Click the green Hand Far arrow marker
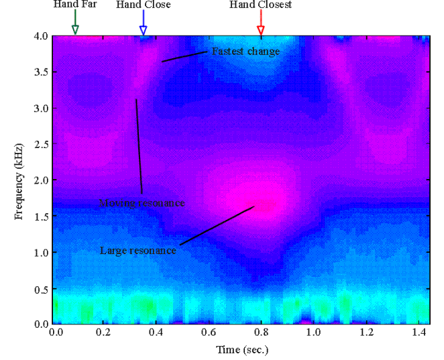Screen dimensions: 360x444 tap(75, 25)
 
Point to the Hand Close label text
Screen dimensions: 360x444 tap(143, 5)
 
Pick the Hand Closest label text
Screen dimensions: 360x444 tap(260, 5)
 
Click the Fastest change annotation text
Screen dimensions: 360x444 tap(245, 51)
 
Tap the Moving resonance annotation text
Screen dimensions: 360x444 tap(142, 202)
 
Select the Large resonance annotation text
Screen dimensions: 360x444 tap(137, 251)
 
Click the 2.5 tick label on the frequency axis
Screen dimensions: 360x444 tap(40, 144)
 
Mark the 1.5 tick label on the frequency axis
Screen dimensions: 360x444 tap(40, 217)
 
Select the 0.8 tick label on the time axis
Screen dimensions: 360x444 tap(261, 331)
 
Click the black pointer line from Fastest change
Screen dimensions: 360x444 tap(184, 56)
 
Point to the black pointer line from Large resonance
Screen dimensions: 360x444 tap(217, 226)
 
